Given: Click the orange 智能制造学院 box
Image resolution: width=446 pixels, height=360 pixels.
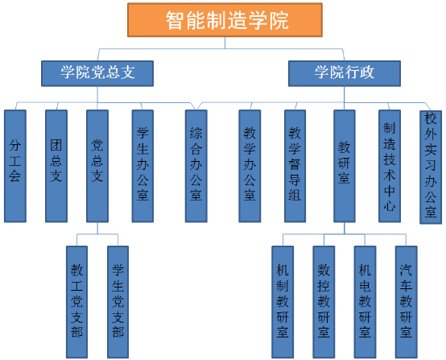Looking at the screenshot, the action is [x=225, y=20].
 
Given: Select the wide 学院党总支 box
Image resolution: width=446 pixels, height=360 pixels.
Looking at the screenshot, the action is [x=97, y=73].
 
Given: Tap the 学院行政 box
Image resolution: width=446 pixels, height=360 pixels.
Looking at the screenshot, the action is [x=345, y=73].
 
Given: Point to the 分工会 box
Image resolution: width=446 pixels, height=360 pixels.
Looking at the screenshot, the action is [x=15, y=166].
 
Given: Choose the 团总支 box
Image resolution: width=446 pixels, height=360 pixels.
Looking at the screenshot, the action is [x=56, y=166].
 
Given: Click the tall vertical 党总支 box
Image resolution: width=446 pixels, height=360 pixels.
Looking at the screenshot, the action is [x=97, y=166].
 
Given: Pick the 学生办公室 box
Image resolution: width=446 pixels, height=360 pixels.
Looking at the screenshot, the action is [x=142, y=166].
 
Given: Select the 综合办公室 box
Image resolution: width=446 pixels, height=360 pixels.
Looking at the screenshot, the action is [x=196, y=166].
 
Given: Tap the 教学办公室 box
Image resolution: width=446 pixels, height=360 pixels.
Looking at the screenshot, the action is [x=250, y=166].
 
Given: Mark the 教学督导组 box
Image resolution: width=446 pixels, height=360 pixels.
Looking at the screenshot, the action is [x=295, y=166].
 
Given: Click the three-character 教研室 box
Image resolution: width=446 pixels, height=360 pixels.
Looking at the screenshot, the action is [x=345, y=166].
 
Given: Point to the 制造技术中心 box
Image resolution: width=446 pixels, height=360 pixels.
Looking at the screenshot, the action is [x=390, y=166].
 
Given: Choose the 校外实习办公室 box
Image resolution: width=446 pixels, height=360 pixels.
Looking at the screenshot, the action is [x=431, y=168].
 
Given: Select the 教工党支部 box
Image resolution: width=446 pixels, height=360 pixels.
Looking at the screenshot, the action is [x=76, y=302].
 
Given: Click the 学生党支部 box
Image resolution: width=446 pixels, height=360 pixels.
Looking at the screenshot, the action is [x=118, y=302].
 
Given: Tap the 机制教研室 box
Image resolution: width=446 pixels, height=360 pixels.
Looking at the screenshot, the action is [x=283, y=302].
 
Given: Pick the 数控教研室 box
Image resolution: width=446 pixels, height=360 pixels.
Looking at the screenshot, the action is [x=324, y=302].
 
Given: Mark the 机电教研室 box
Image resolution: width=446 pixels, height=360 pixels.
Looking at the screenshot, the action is [x=365, y=302].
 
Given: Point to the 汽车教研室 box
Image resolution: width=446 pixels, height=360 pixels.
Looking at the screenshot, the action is [x=407, y=302].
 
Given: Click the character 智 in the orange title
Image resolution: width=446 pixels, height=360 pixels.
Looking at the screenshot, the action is [x=176, y=20].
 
